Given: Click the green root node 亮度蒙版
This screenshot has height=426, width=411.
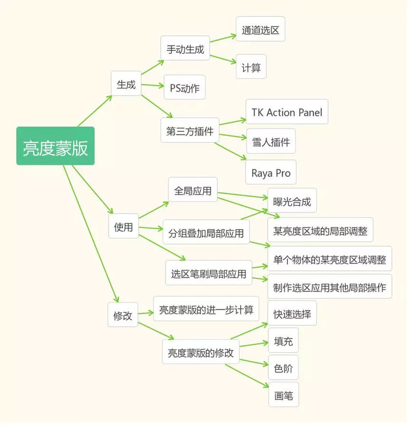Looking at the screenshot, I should pos(55,146).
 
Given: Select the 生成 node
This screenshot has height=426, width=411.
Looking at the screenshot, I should pos(126,84).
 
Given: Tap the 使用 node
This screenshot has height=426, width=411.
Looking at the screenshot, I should pos(123,227).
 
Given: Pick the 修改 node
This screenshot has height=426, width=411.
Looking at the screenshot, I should pos(123,315).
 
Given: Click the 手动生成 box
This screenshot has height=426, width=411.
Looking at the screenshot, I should pos(185,49).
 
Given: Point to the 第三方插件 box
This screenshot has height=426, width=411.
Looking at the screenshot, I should pos(190,131).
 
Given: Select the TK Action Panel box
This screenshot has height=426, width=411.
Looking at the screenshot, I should pos(287,112).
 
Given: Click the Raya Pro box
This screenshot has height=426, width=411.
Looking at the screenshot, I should pos(271,172).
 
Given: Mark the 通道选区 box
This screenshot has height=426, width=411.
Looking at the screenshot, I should pos(260,29).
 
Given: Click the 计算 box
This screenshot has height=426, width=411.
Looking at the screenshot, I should pos(251,67).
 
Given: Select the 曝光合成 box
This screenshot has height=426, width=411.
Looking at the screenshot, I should pos(291,200).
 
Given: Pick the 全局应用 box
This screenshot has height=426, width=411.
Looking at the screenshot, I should pos(192,190).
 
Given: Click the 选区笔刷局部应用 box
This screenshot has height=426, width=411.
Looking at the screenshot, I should pos(208,274).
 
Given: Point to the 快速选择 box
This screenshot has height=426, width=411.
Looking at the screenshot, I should pos(291,313).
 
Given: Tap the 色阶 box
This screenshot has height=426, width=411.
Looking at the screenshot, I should pos(283,368).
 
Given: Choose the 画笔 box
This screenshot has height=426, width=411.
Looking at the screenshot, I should pos(283,394).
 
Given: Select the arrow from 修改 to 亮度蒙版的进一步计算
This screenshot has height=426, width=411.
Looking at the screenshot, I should pos(146,313).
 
